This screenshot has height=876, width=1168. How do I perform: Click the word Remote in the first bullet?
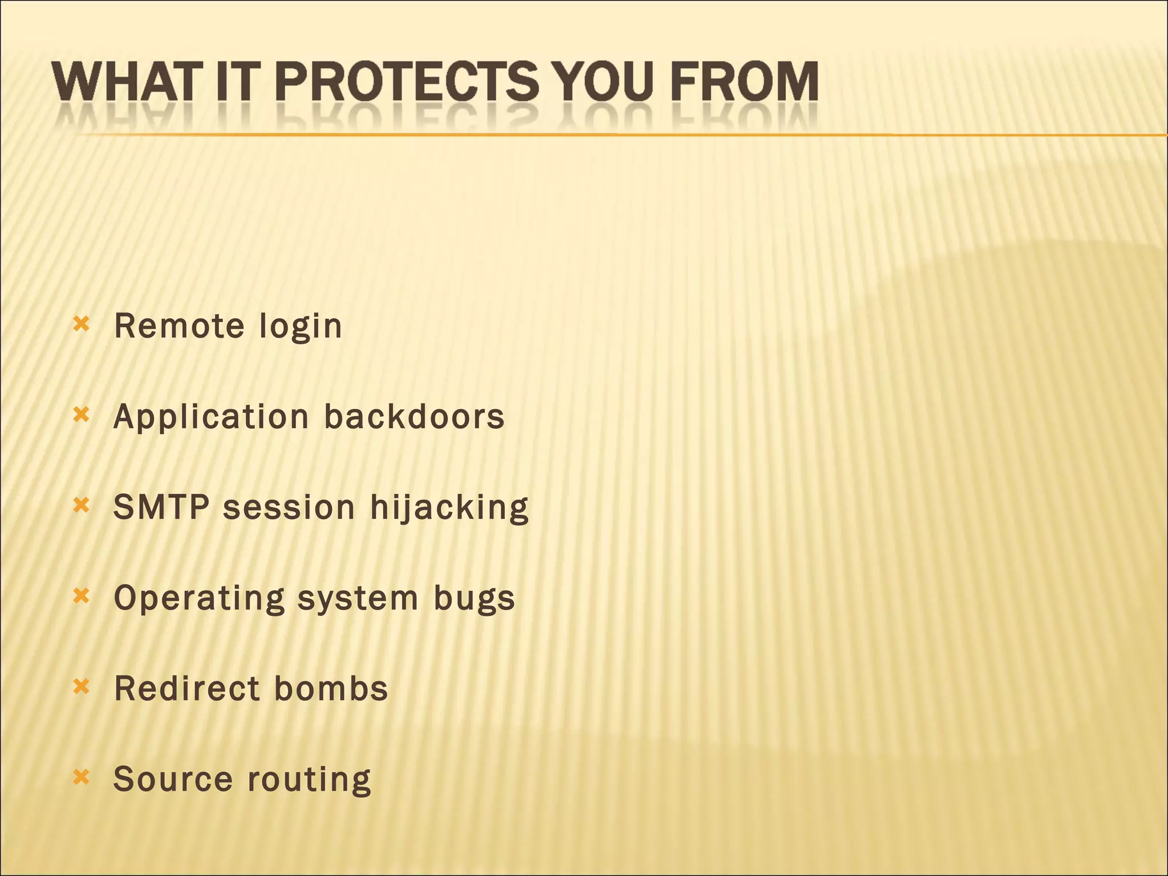tap(179, 326)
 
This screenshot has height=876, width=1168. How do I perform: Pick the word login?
tap(301, 327)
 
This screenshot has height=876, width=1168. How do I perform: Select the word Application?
tap(211, 417)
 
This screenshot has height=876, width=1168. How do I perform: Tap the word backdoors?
tap(414, 416)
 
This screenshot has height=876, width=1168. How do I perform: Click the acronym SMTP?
tap(161, 507)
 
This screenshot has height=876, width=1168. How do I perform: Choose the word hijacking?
tap(449, 508)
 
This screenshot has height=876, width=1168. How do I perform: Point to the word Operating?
tap(199, 599)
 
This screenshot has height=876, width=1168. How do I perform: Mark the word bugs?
tap(474, 599)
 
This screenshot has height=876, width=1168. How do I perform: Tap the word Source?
tap(173, 779)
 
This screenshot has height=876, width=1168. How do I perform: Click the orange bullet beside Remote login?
tap(82, 325)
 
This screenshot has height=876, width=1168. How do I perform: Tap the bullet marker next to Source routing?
tap(82, 777)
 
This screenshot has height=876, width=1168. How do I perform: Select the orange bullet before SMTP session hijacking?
tap(82, 505)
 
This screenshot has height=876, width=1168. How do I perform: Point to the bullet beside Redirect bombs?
tap(82, 687)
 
